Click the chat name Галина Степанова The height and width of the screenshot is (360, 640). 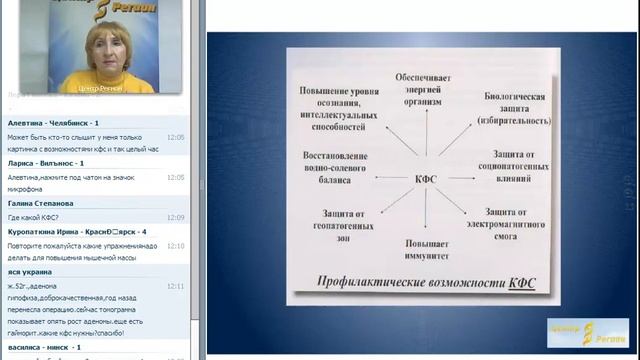[42, 203]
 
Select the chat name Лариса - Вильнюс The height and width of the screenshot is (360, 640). [44, 162]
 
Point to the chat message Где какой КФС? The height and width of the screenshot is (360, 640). [33, 217]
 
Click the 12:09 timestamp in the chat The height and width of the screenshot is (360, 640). [176, 217]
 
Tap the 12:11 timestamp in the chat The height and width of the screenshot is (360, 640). [176, 286]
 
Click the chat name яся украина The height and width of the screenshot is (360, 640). [31, 272]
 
